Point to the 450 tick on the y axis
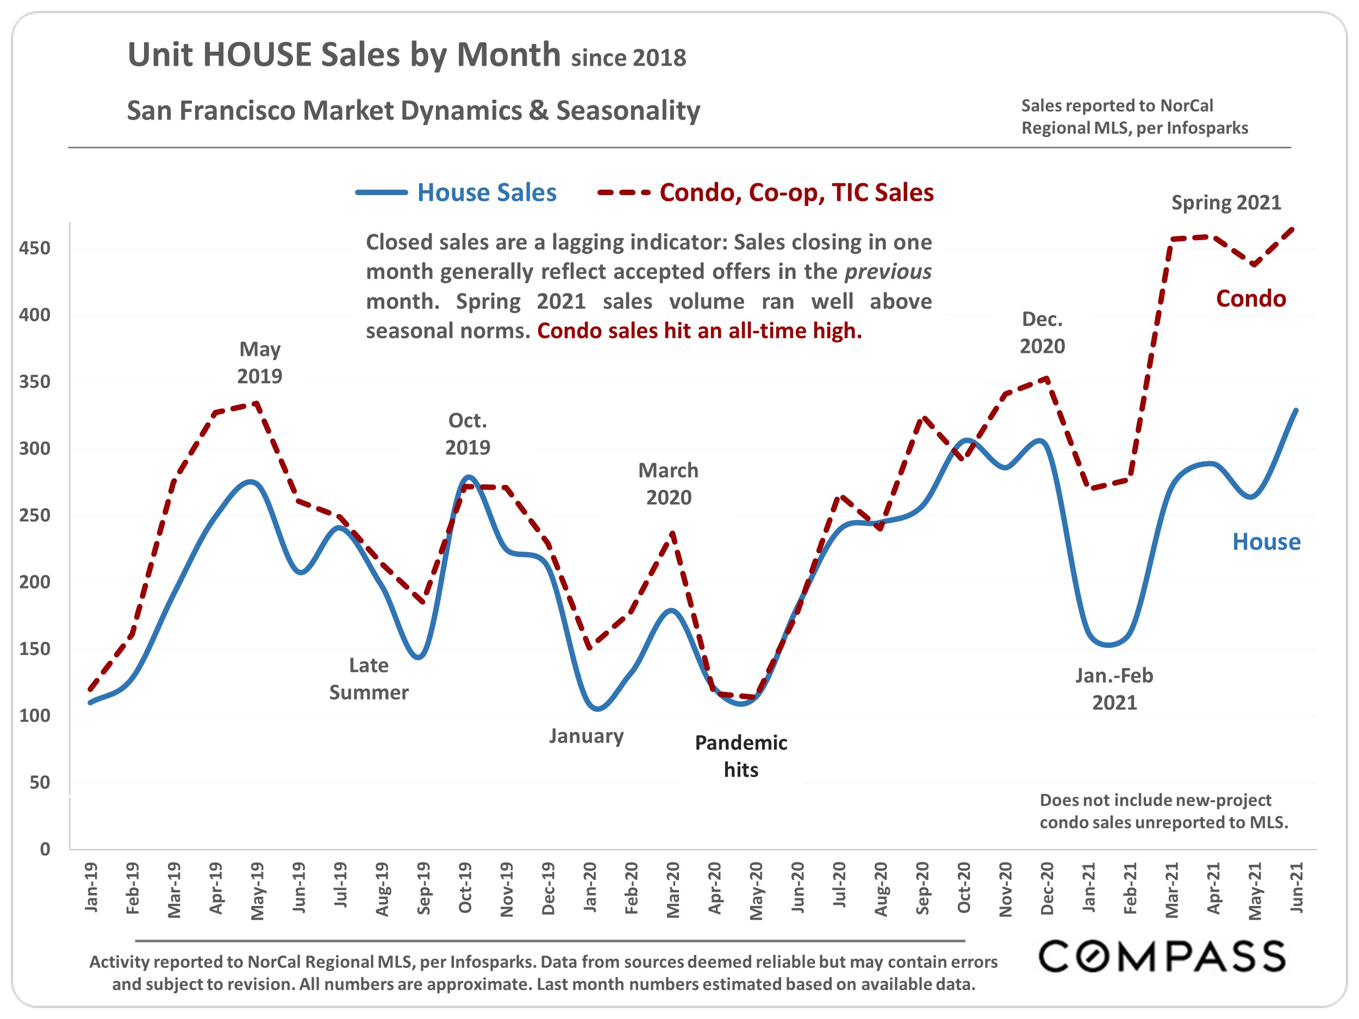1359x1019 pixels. (34, 248)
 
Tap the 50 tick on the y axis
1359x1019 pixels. (40, 783)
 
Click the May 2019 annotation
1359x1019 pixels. (260, 362)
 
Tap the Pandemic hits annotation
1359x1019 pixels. (741, 756)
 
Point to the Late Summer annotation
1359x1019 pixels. (369, 679)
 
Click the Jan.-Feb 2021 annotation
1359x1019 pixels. (1114, 689)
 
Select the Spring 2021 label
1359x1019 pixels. (1226, 203)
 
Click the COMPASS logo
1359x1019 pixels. (1161, 957)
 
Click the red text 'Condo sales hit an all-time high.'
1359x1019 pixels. (699, 331)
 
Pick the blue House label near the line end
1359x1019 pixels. (1266, 542)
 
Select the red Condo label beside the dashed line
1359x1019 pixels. (1251, 298)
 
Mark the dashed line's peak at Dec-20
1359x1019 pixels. (1047, 378)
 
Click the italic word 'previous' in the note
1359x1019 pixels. (888, 272)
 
